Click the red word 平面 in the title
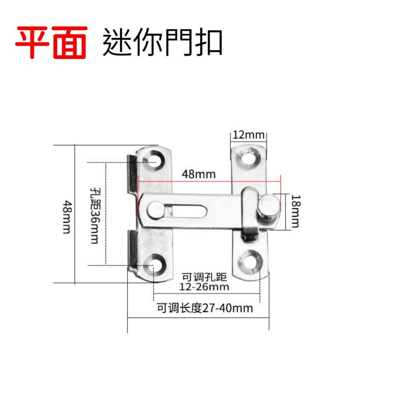[51, 42]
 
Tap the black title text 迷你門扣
[162, 42]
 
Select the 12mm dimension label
[249, 135]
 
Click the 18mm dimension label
[296, 211]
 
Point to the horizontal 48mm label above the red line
[199, 174]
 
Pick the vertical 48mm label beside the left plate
[67, 217]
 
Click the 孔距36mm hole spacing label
[95, 215]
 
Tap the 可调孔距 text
[204, 277]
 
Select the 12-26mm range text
[204, 287]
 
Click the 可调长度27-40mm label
[205, 308]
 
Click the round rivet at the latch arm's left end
[156, 209]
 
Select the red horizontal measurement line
[209, 182]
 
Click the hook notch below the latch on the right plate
[249, 237]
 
